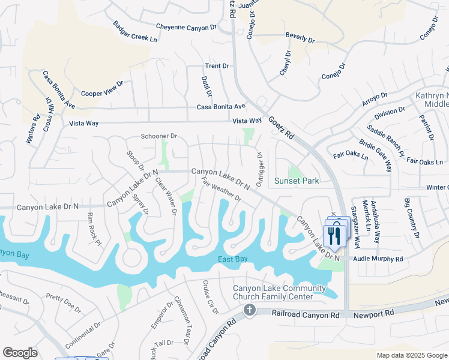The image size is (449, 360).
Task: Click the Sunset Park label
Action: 296,181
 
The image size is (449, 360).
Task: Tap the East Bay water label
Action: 233,259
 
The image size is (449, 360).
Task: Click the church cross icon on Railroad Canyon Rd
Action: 250,310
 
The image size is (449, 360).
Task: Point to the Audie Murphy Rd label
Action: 379,259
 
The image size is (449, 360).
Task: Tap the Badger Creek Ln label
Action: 135,32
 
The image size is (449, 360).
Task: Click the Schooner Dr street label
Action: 159,136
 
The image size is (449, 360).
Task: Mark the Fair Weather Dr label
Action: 221,189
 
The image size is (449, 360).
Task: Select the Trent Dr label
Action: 217,66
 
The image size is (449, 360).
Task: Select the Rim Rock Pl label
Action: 94,229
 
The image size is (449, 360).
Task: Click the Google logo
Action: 20,353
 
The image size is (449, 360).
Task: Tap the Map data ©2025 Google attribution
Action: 411,355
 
